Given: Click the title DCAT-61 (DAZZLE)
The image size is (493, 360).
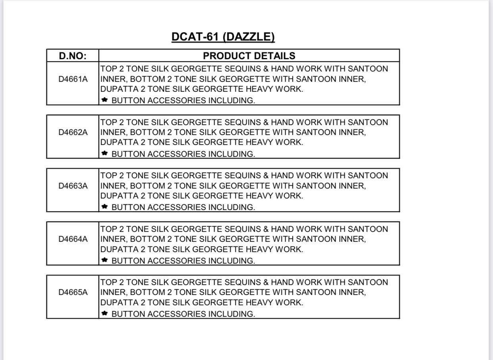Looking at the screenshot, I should (x=223, y=37).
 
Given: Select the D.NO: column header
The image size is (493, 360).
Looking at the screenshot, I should (x=73, y=56).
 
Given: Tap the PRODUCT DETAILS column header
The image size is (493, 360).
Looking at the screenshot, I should (x=249, y=56).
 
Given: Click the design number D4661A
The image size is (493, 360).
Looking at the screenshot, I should (x=73, y=79).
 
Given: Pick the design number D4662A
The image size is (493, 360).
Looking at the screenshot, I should (x=73, y=132).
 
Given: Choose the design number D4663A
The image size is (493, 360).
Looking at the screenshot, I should (x=73, y=185).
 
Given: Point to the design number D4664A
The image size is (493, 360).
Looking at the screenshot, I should (x=73, y=239).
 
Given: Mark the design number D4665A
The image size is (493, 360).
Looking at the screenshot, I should (x=73, y=292).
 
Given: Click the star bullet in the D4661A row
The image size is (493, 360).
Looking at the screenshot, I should (x=105, y=100).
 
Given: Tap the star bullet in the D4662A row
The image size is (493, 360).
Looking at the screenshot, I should (x=105, y=153).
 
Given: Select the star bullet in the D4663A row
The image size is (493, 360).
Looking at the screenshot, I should (x=105, y=206).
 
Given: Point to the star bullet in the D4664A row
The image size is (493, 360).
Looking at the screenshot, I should (x=105, y=260).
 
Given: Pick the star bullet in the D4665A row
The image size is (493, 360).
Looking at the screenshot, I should (x=105, y=313).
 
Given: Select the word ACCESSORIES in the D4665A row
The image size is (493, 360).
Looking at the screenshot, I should (x=177, y=314).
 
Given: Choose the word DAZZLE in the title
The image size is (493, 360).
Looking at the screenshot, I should (x=249, y=37).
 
